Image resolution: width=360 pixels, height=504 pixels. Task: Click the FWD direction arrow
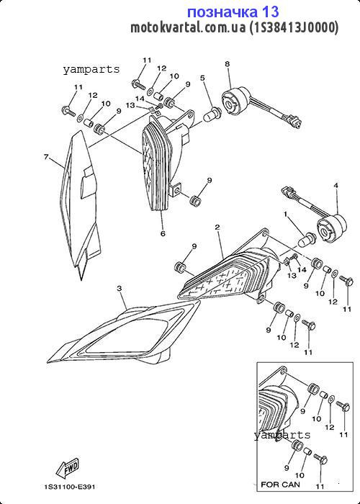tap(68, 467)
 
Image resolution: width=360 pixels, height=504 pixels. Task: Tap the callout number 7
tap(47, 157)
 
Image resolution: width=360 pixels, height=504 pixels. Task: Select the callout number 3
tap(120, 289)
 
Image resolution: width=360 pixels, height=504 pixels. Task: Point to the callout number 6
tap(163, 233)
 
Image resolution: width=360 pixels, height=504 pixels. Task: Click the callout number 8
tap(228, 64)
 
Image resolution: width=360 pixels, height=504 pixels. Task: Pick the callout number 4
tap(336, 186)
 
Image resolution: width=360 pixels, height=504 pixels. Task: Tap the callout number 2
tap(217, 228)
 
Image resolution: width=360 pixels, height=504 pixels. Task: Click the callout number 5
tap(202, 78)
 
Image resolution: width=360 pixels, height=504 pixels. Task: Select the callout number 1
tap(285, 214)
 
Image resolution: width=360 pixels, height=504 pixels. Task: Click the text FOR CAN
tap(280, 484)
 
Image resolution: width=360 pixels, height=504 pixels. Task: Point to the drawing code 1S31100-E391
tap(69, 487)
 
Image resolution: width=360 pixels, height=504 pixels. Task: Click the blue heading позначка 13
tap(233, 12)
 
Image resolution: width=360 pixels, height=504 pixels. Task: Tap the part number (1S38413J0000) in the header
tap(294, 28)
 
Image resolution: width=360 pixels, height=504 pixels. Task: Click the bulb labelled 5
tap(212, 114)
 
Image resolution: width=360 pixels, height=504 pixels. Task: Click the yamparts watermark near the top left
tap(91, 69)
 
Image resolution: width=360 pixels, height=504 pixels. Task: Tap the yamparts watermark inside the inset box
tap(282, 435)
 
